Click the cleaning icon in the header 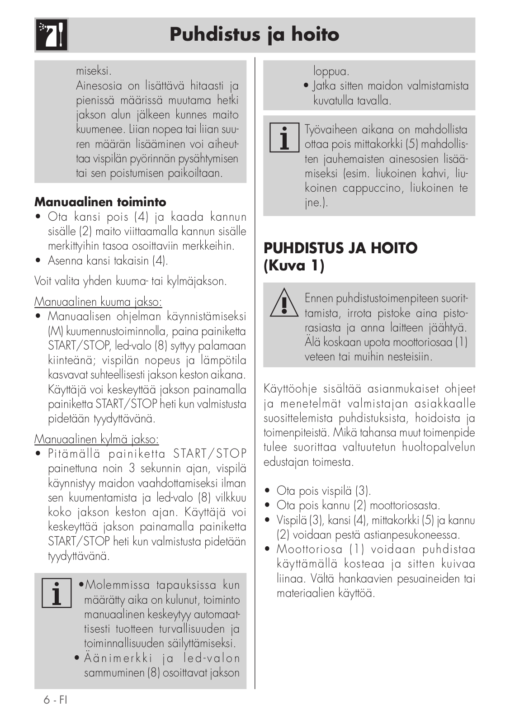point(51,35)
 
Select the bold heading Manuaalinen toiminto point(100,202)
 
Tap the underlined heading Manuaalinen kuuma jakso point(98,302)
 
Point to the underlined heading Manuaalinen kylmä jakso point(96,439)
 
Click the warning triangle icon point(284,303)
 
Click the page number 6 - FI point(55,700)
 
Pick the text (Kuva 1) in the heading point(294,265)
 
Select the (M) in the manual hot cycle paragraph point(54,331)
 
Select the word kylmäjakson point(197,281)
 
